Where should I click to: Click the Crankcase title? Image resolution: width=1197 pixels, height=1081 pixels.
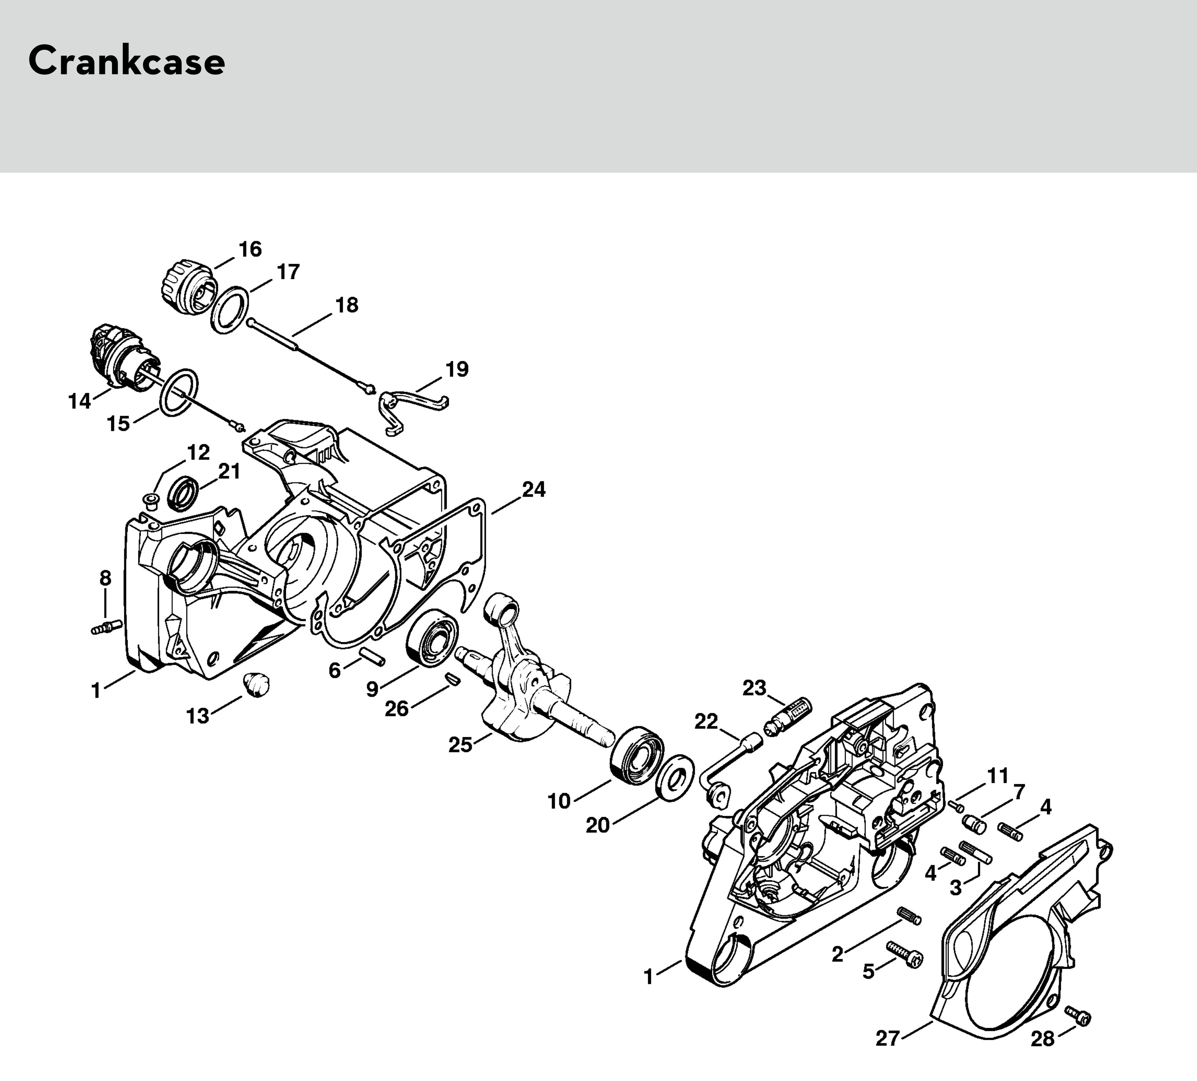(x=127, y=61)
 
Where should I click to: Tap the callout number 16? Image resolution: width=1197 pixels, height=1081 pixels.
(x=250, y=249)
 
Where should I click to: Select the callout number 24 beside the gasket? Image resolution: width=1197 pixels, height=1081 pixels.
(x=533, y=490)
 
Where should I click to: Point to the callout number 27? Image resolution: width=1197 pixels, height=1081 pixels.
(x=888, y=1038)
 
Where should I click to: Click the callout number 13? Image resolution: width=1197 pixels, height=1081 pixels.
(x=198, y=716)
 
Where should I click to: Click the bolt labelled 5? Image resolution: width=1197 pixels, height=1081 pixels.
(x=906, y=954)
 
